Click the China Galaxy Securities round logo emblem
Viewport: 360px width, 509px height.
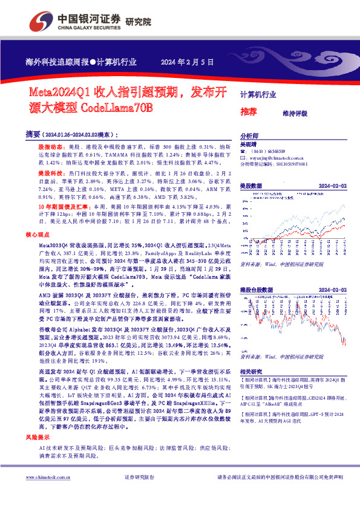pos(45,21)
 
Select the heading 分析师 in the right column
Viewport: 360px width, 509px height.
pos(249,137)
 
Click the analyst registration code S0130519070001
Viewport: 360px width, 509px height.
pos(292,163)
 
